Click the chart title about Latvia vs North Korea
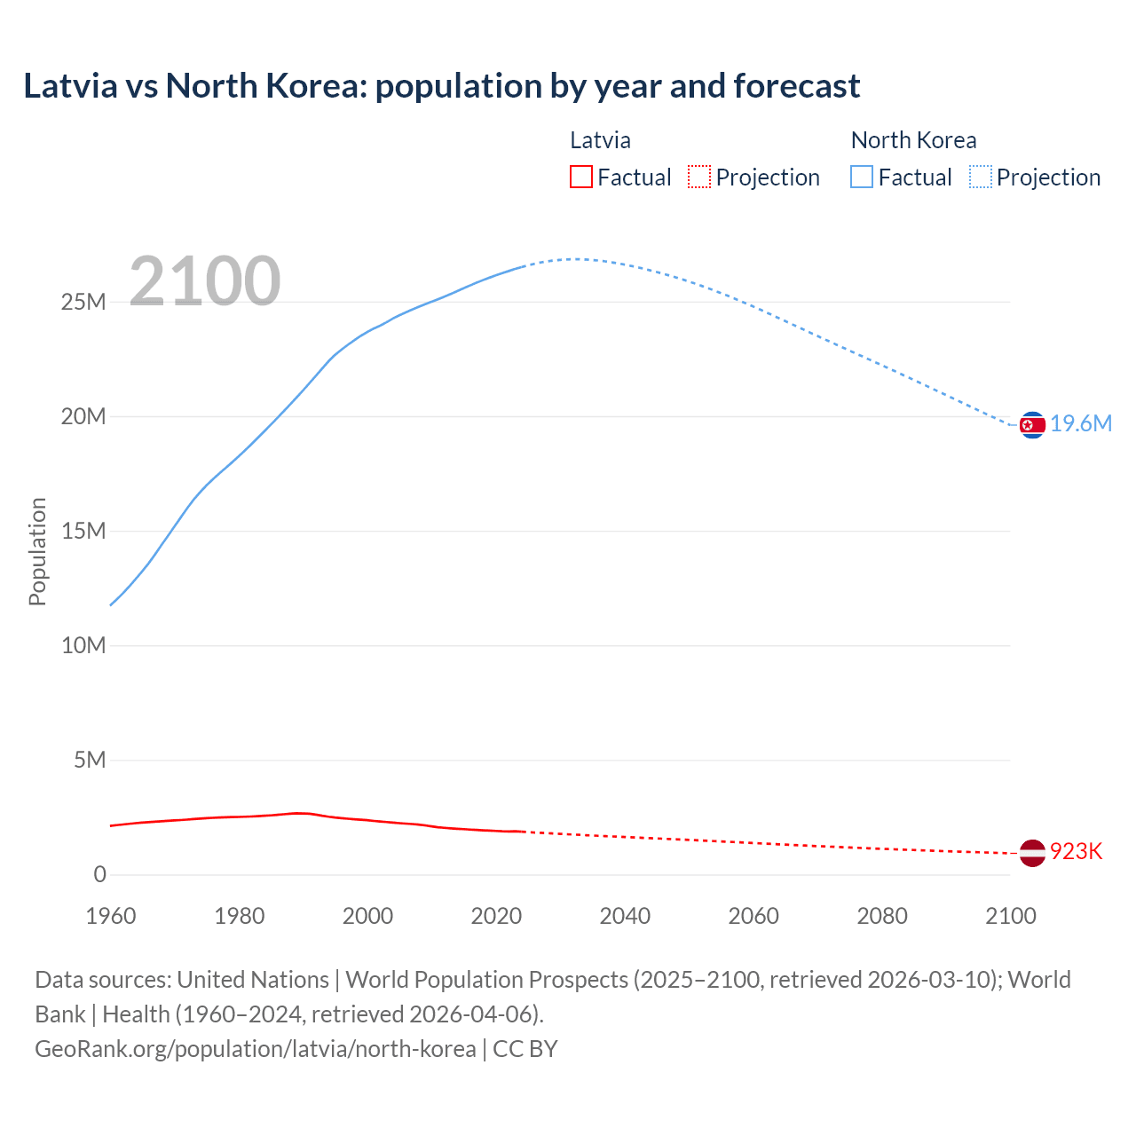tap(441, 86)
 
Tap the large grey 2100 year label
tap(205, 281)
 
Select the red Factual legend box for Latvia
tap(580, 177)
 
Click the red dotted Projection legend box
tap(699, 177)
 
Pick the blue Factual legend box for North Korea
tap(861, 177)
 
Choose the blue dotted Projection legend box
tap(980, 177)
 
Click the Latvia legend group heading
tap(600, 140)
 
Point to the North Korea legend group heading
tap(913, 140)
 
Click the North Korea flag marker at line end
tap(1032, 425)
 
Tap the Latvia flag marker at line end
tap(1031, 853)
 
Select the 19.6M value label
tap(1081, 424)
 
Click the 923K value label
tap(1076, 852)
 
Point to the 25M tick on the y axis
tap(83, 303)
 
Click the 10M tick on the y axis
tap(83, 646)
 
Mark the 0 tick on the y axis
tap(99, 875)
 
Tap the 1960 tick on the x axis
tap(111, 916)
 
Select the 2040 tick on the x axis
tap(625, 916)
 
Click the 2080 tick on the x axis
tap(882, 916)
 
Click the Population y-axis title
tap(37, 551)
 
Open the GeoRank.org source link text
tap(256, 1049)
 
